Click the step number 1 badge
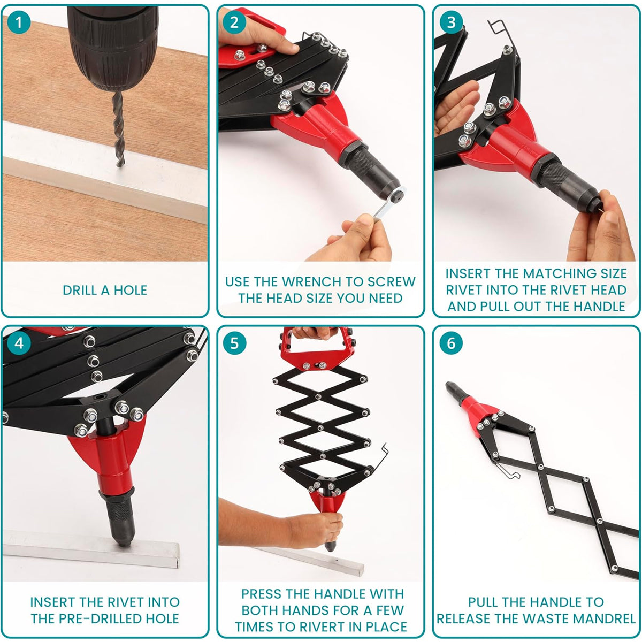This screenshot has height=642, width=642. (x=19, y=22)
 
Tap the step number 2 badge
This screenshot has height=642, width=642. (x=234, y=22)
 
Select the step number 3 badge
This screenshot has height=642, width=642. (x=451, y=22)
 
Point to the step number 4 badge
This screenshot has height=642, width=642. (x=19, y=343)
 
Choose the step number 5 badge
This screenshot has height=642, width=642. (x=234, y=343)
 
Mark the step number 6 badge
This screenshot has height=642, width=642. (x=451, y=343)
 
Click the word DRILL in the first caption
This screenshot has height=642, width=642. (x=80, y=290)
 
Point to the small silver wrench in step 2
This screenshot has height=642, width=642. (x=389, y=204)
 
